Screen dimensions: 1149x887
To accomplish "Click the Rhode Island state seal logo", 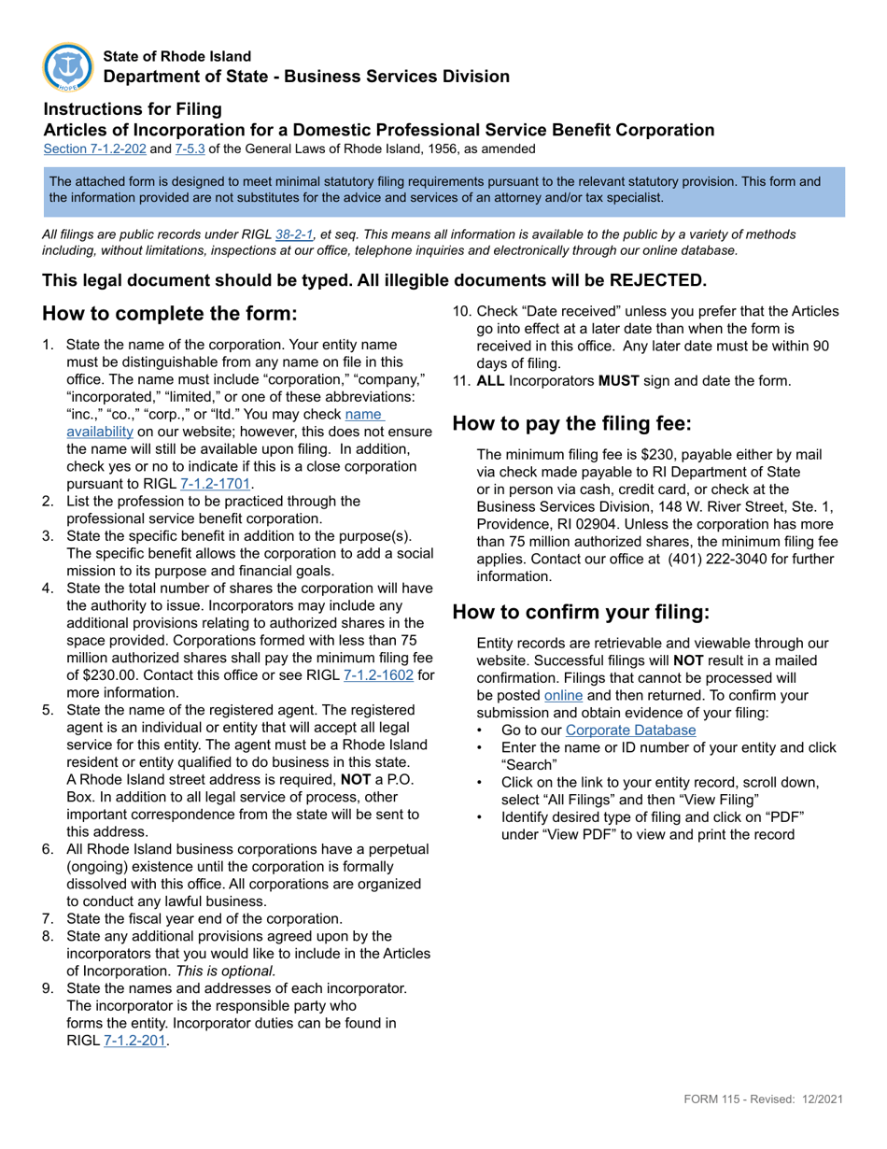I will pos(67,66).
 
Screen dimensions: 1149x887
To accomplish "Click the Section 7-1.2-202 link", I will pos(94,149).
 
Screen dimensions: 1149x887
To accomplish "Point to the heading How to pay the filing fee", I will pos(571,423).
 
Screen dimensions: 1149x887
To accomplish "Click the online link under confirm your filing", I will pos(563,695).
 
